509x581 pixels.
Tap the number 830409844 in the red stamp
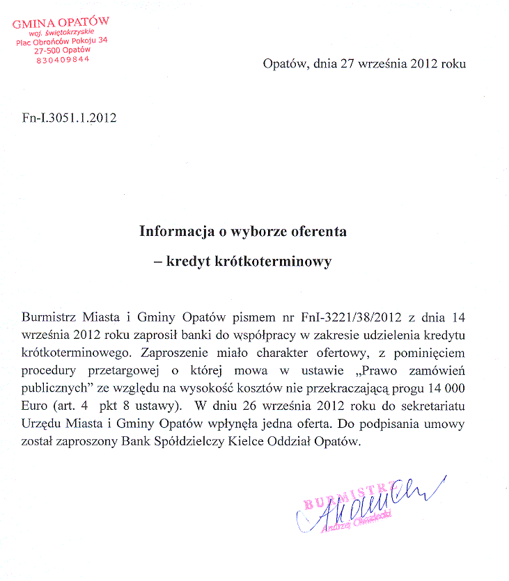pos(62,60)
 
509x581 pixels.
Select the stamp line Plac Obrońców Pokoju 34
pos(63,41)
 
